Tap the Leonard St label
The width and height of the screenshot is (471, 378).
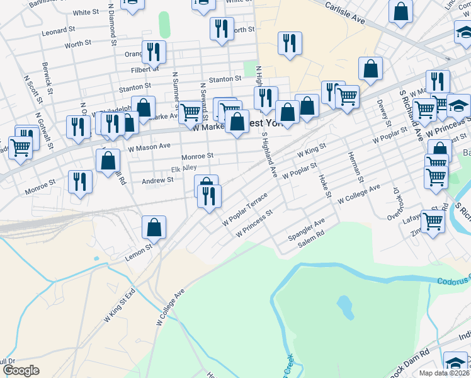(x=58, y=31)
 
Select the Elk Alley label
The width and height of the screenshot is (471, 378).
(x=184, y=168)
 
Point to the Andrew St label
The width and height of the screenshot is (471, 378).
(x=157, y=180)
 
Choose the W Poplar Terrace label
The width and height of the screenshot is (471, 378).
(x=245, y=211)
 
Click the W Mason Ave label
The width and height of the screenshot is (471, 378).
(x=149, y=147)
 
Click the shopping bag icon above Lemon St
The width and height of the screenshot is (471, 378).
(x=154, y=228)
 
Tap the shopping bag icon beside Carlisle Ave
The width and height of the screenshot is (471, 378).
(x=400, y=11)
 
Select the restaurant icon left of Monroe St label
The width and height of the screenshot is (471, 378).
(x=80, y=181)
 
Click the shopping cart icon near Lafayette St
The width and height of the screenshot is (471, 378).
(x=432, y=220)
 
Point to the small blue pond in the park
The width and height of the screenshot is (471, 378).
(x=345, y=306)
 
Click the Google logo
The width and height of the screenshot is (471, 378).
(x=21, y=370)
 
